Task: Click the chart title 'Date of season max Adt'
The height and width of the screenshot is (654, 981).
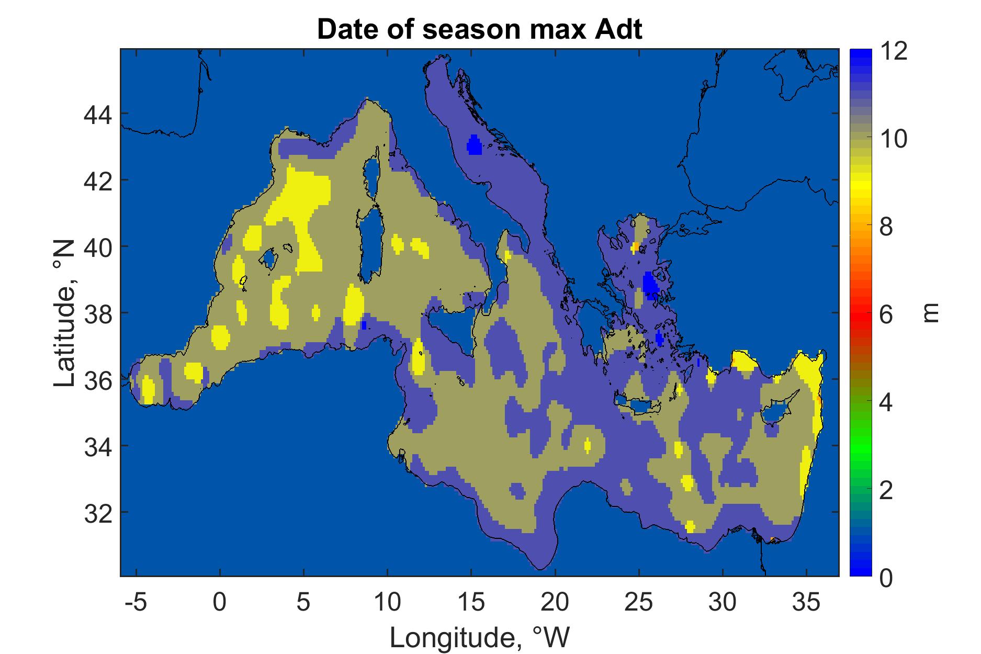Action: pos(479,30)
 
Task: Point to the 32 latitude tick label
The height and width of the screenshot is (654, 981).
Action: pos(98,512)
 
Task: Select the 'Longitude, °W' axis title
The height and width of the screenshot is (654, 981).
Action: pos(479,637)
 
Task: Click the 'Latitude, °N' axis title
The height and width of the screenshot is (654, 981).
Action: pos(65,314)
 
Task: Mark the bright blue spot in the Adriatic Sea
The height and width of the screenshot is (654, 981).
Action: pos(474,145)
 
